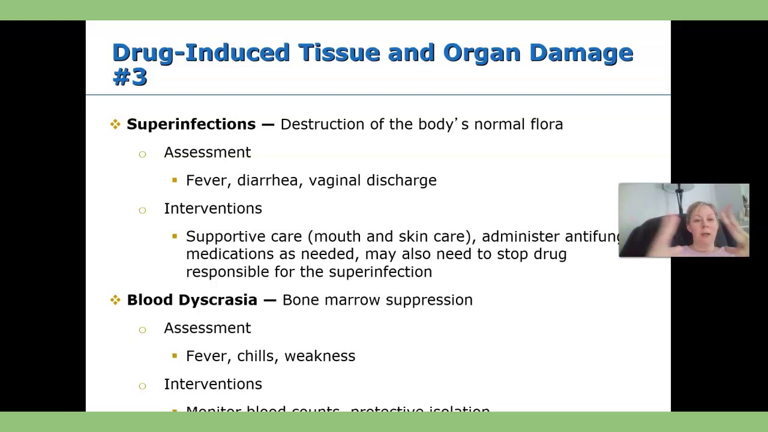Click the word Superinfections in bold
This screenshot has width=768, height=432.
[x=191, y=124]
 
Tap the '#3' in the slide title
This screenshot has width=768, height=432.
[x=130, y=77]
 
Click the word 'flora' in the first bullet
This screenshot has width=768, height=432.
[x=546, y=124]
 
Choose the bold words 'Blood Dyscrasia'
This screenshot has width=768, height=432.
[x=192, y=300]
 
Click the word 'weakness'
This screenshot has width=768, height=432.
[x=320, y=356]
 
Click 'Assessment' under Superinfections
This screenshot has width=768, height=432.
[x=207, y=152]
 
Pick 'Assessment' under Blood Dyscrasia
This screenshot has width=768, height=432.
[x=207, y=328]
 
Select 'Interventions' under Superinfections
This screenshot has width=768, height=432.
[x=212, y=209]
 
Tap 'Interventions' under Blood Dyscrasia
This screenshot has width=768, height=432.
[x=212, y=385]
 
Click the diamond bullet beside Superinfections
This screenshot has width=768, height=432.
[x=115, y=124]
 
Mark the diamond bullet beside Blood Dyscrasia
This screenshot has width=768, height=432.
[x=115, y=300]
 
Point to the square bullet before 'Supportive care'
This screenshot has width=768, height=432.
[x=175, y=236]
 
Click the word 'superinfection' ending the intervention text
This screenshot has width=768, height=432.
[x=380, y=272]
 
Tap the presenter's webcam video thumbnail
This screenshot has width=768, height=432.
[x=683, y=220]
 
